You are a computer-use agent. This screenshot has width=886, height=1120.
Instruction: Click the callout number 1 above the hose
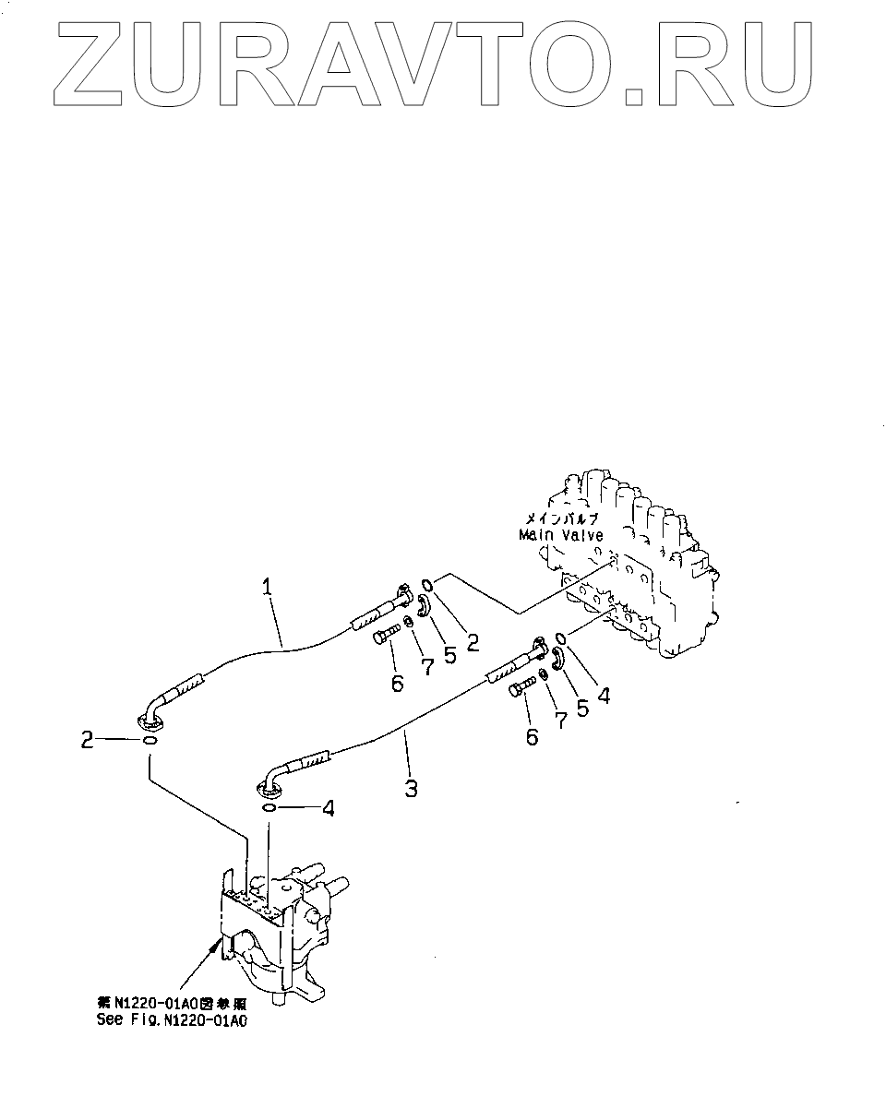[267, 586]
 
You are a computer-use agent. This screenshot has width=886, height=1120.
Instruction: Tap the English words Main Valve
[560, 535]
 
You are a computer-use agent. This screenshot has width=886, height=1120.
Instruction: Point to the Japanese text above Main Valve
[561, 518]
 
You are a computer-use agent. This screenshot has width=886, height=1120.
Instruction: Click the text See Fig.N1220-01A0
[174, 1020]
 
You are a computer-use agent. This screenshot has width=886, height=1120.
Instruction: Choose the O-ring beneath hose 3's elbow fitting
[268, 809]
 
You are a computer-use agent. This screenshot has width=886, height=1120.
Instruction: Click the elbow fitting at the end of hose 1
[153, 711]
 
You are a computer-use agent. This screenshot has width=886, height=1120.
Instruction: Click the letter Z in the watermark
[93, 61]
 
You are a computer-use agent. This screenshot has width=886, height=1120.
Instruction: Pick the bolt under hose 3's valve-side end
[522, 688]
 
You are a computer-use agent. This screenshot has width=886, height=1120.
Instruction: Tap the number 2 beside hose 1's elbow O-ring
[88, 740]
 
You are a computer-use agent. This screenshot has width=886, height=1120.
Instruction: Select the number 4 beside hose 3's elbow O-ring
[327, 809]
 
